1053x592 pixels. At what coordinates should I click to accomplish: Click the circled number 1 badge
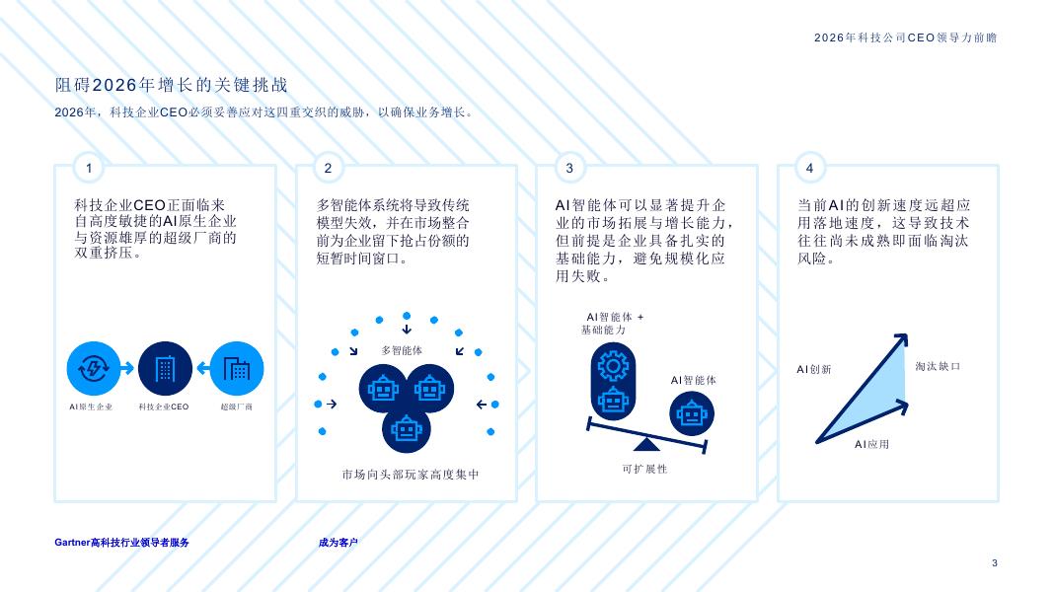(89, 168)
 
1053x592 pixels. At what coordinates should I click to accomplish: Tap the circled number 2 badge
(328, 168)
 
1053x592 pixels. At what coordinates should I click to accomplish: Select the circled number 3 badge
(569, 168)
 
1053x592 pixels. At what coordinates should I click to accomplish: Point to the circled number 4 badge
(809, 168)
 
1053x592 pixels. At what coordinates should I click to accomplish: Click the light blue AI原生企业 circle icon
(94, 368)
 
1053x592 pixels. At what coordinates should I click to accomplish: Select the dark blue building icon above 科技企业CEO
(165, 368)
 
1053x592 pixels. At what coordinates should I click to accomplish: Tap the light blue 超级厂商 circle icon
(237, 368)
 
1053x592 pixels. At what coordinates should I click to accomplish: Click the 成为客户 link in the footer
(338, 543)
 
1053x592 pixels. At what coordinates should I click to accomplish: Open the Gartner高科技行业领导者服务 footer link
(121, 543)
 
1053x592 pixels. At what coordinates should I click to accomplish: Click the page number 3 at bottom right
(995, 563)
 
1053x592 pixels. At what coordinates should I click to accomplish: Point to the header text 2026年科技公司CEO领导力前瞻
(905, 37)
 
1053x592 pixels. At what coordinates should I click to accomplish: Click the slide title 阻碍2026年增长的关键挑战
(172, 85)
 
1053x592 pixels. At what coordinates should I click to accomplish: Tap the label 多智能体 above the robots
(402, 350)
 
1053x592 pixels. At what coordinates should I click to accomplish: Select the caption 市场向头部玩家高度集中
(411, 475)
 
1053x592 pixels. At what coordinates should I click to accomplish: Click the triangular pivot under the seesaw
(646, 444)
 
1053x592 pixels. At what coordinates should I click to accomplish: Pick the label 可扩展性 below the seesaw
(644, 470)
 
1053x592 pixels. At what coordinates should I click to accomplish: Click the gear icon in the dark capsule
(613, 366)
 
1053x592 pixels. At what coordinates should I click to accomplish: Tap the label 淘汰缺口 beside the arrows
(939, 366)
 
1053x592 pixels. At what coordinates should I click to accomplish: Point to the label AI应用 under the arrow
(871, 444)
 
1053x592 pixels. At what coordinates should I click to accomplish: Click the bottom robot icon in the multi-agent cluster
(407, 428)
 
